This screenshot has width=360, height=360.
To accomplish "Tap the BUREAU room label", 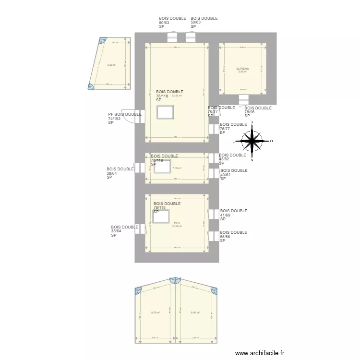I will tap(242, 69).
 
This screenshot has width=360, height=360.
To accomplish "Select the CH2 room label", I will tap(177, 223).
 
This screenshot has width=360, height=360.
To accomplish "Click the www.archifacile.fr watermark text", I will tap(260, 353).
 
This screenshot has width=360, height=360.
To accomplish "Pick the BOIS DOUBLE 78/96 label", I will tap(258, 112).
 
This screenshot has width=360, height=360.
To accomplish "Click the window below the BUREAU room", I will tap(243, 99).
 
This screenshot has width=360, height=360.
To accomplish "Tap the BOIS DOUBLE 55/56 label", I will tap(233, 236).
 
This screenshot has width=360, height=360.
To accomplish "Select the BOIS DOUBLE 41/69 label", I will tap(233, 215).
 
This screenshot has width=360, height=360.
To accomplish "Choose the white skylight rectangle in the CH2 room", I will tap(161, 216).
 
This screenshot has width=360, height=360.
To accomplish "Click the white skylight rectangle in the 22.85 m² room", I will tap(165, 112).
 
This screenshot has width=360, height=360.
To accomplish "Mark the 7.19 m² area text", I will tap(177, 168).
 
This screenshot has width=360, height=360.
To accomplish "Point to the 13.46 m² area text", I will tap(177, 226).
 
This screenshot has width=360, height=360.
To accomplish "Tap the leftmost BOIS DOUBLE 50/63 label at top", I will tap(172, 22).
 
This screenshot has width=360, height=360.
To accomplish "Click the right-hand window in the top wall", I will tap(191, 37).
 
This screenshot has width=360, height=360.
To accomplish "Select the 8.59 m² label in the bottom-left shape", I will tap(156, 312).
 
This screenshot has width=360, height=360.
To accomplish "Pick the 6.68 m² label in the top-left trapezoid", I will tap(112, 65).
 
